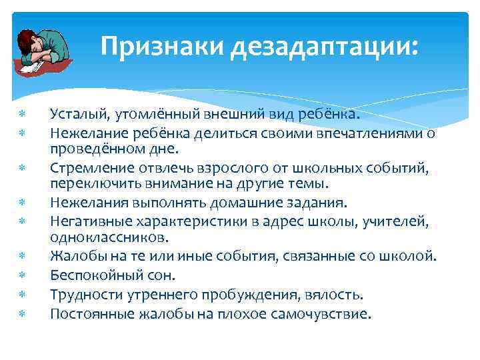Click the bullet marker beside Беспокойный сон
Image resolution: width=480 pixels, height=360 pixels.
click(22, 275)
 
